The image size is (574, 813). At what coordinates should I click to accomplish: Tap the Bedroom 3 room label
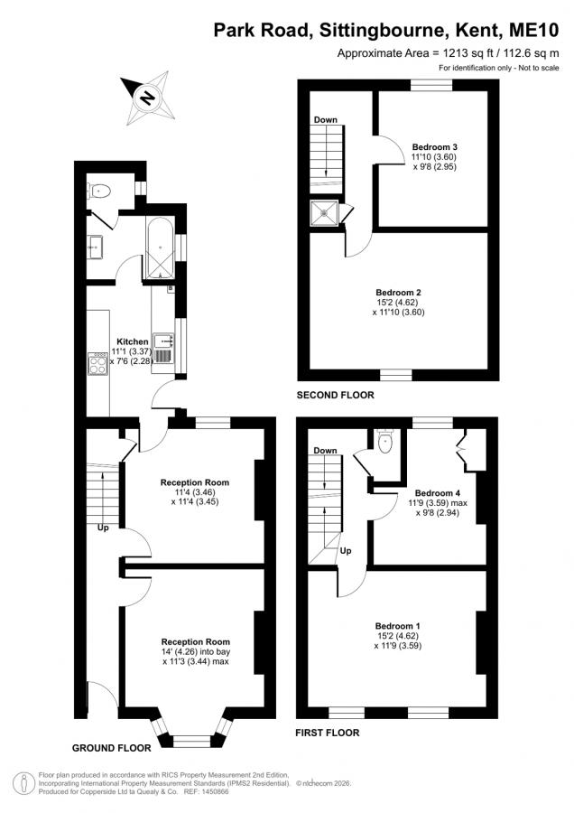point(435,146)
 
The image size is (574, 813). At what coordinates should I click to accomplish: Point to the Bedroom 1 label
point(397,626)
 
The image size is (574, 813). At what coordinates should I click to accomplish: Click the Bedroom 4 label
point(438,492)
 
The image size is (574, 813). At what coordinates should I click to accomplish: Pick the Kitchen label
point(133,341)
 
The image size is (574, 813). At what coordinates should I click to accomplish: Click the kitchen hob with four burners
point(97,363)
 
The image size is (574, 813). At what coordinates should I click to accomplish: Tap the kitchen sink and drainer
point(164,348)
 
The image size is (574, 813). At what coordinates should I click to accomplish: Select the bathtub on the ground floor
point(159,248)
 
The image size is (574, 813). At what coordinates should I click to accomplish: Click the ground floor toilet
point(99,191)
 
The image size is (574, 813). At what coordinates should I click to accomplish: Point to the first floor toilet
point(385,443)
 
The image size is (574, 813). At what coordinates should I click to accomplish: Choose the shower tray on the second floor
point(324,212)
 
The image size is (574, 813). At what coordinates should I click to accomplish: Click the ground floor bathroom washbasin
point(95,248)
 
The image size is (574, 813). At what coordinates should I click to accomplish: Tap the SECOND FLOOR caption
point(335,395)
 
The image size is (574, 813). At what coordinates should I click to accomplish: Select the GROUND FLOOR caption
point(111,748)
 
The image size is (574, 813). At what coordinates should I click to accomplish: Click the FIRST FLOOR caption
point(328,733)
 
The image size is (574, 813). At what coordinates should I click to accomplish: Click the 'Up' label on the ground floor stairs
point(103,528)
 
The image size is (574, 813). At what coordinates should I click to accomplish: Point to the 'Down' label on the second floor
point(325,120)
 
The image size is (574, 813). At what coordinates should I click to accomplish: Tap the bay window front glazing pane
point(192,743)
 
